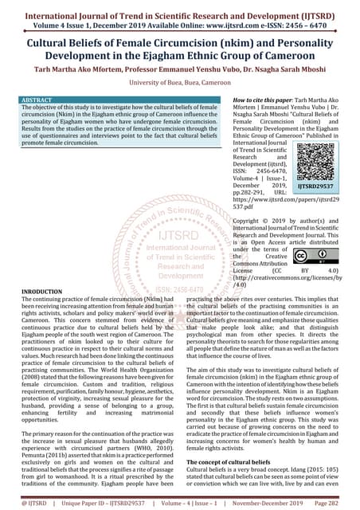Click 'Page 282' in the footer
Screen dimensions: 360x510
338,504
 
